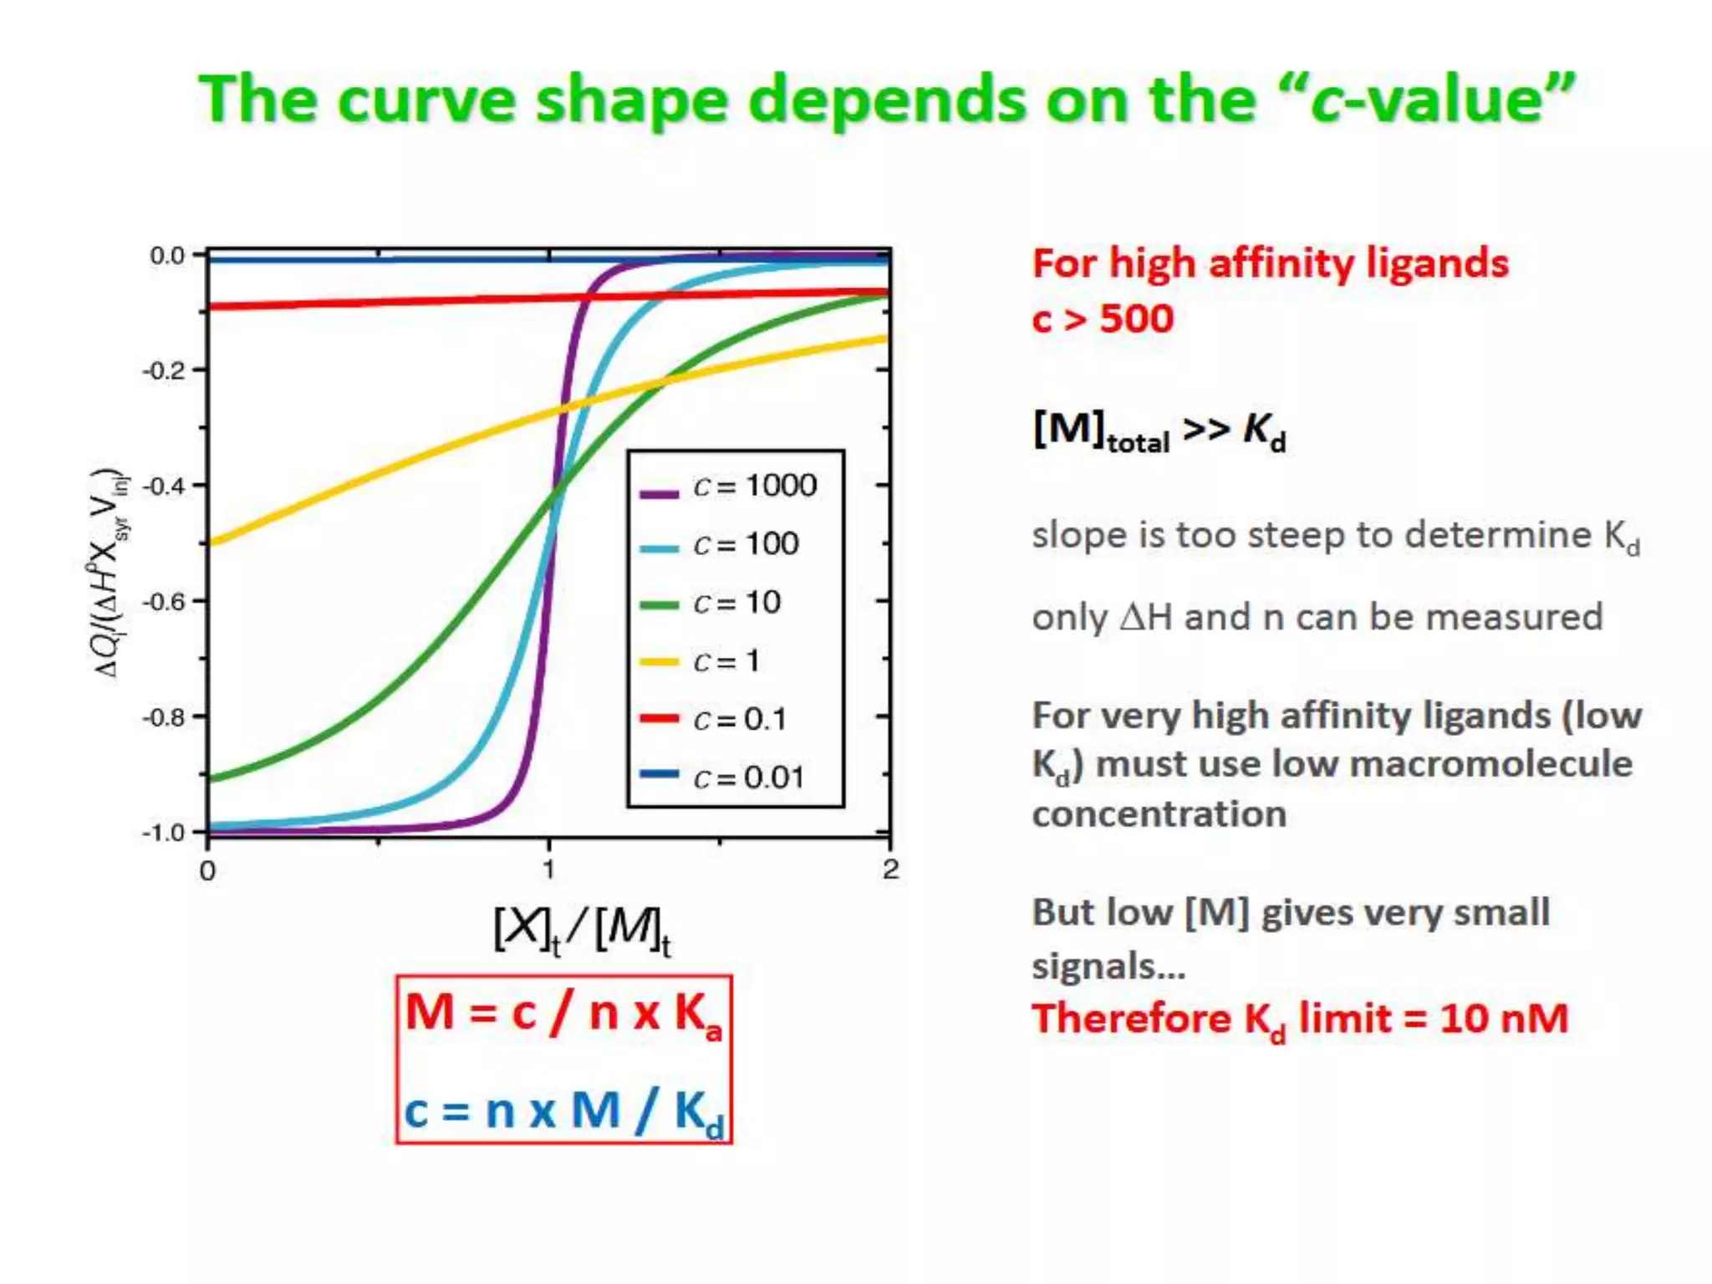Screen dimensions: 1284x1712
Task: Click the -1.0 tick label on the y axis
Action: pos(164,833)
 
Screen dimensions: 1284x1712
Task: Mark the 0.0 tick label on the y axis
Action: pos(167,255)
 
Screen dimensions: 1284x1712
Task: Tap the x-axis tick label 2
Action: pos(890,870)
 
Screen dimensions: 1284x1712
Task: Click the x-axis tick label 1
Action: pos(548,870)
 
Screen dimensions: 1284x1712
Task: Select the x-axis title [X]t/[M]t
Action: pos(582,930)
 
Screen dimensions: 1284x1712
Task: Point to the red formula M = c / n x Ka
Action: pos(563,1014)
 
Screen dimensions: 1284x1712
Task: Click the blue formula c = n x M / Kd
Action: pos(563,1112)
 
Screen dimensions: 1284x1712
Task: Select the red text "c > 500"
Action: pos(1103,318)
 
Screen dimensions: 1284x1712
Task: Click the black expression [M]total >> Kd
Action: pos(1159,431)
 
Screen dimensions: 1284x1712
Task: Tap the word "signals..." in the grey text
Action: pos(1108,966)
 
